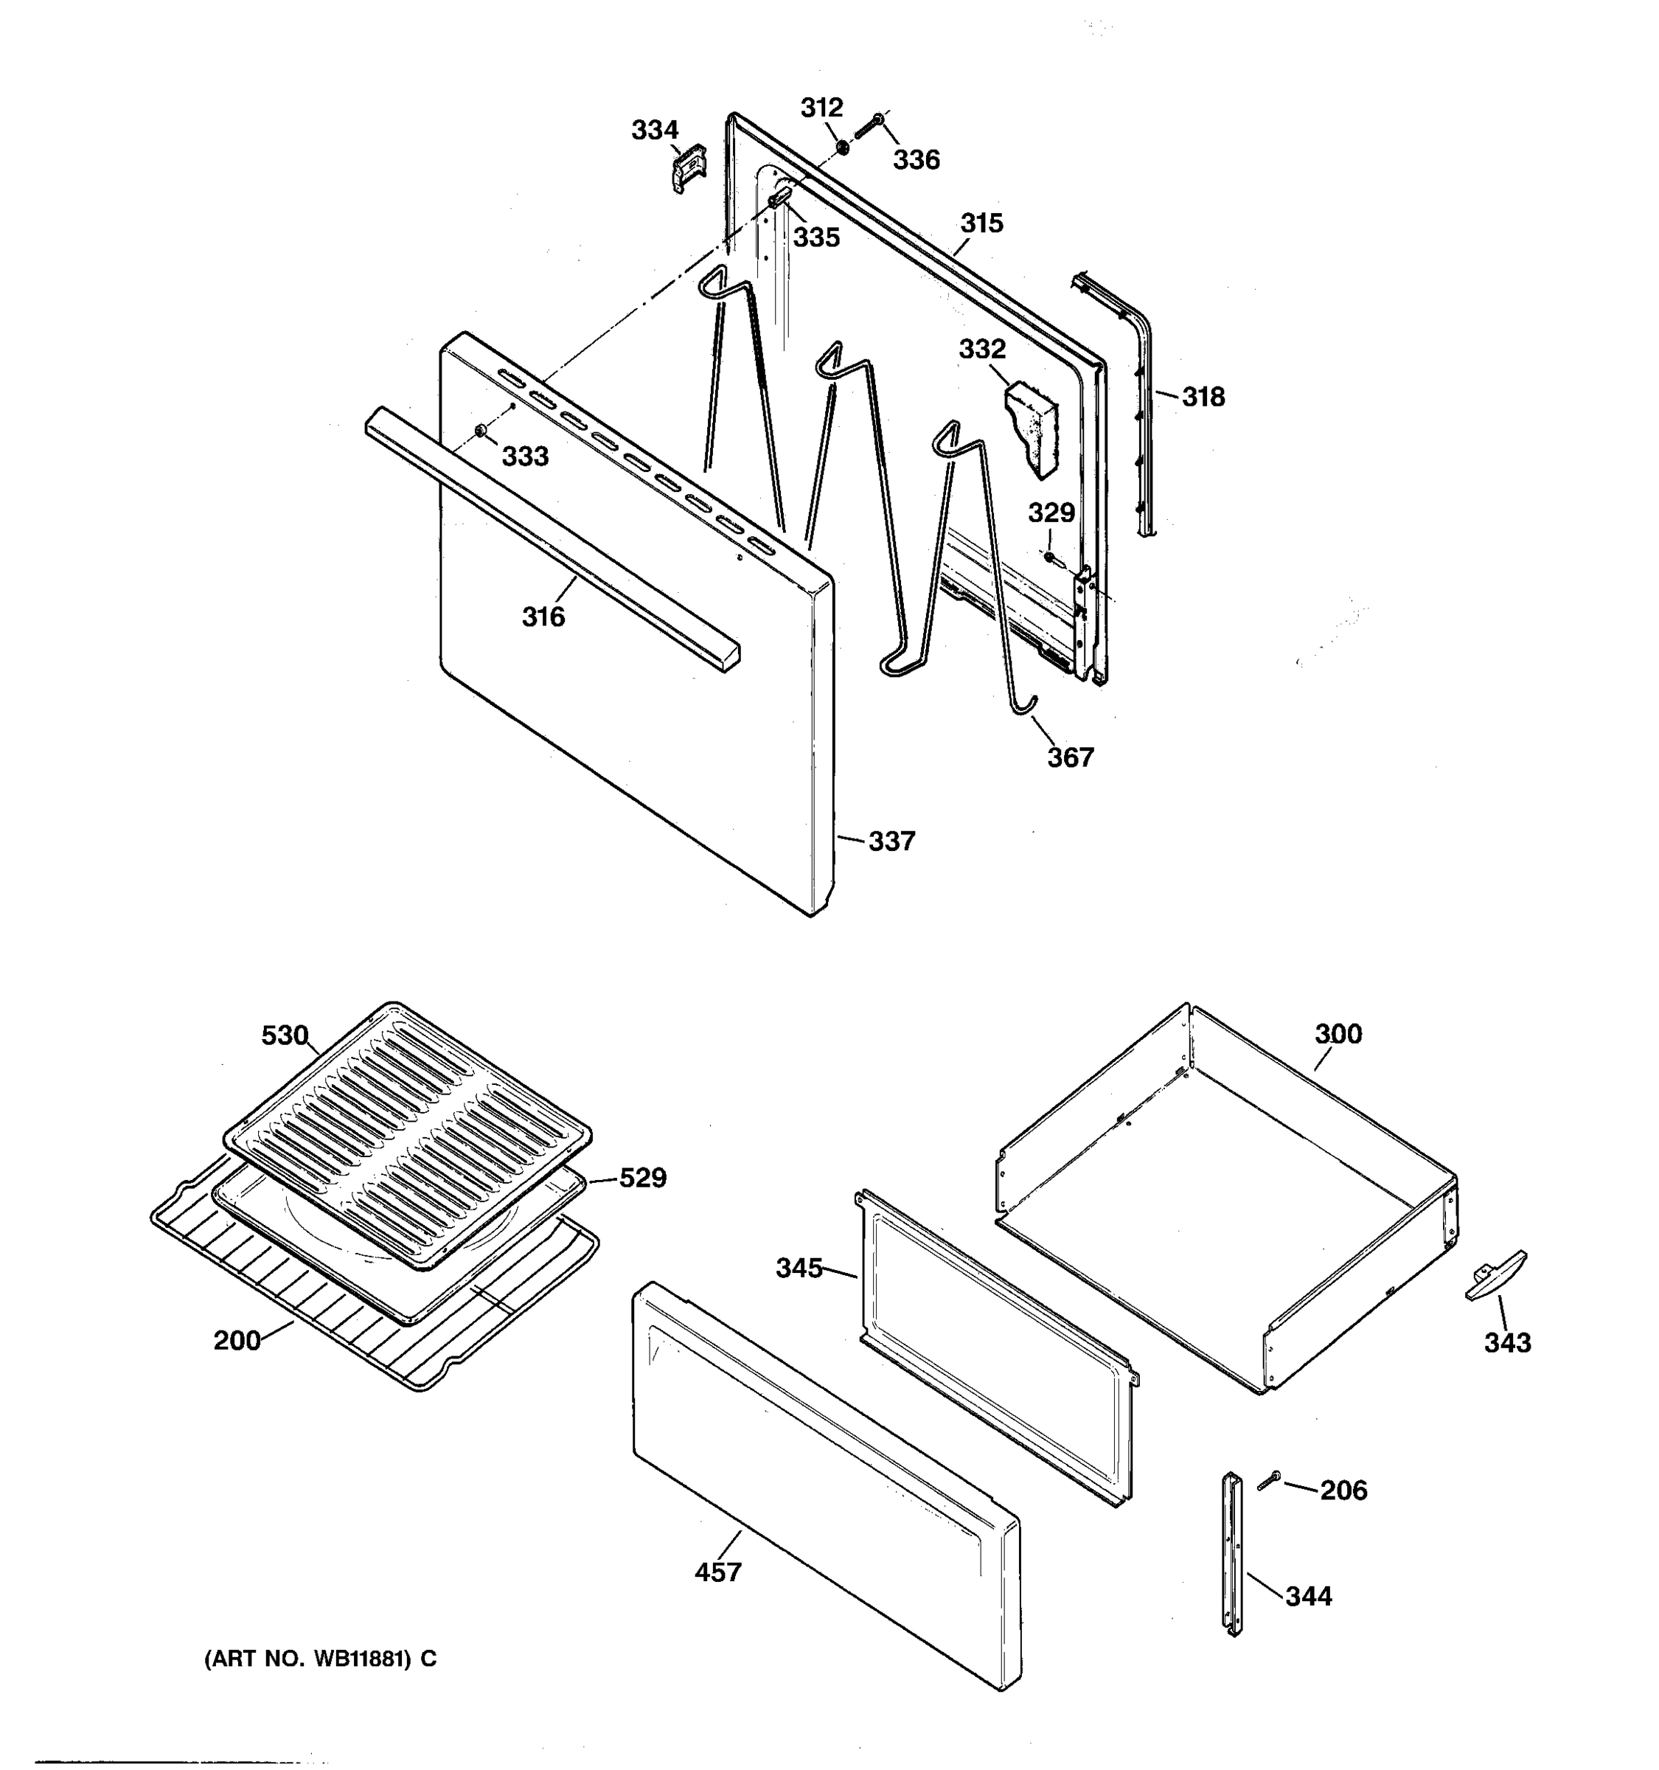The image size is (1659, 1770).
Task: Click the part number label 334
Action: pos(654,130)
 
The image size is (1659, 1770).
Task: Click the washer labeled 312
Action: pos(842,145)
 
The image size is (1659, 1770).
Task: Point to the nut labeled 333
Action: pos(481,432)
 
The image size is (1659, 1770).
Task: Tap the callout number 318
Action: pos(1203,397)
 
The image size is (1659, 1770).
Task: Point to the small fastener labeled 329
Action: pos(1049,558)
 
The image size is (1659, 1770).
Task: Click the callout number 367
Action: pos(1070,757)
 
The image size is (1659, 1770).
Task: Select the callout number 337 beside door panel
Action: pos(891,841)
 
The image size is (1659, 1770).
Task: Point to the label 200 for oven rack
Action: pos(237,1340)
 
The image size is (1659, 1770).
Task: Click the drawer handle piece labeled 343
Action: pos(1495,1275)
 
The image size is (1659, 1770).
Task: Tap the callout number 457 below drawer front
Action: pos(717,1572)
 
